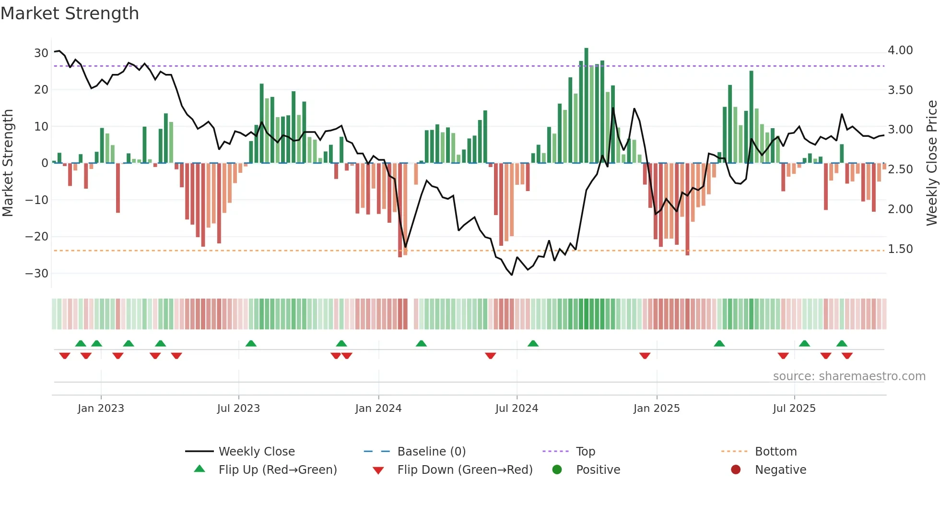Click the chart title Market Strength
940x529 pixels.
pos(70,13)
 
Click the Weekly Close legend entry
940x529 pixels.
pos(256,451)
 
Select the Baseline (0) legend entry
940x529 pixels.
pos(431,451)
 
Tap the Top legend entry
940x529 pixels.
pos(585,451)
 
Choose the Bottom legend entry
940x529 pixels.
pos(775,451)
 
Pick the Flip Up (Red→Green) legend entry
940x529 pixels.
pos(277,469)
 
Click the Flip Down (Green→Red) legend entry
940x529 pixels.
pos(465,469)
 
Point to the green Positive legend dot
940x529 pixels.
pos(557,469)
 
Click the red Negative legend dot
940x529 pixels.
pos(736,469)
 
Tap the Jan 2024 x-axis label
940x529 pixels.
pos(378,408)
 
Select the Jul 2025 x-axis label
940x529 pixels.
pos(794,408)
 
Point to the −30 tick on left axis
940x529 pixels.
pos(37,273)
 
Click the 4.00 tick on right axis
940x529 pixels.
pos(900,50)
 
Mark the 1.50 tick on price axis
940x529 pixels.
pos(900,249)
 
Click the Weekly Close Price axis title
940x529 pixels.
pos(931,163)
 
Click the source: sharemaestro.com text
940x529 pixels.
pos(849,376)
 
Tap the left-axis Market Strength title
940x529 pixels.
pos(8,163)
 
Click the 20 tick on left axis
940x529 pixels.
pos(41,89)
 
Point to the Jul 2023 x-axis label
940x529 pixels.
pos(238,408)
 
